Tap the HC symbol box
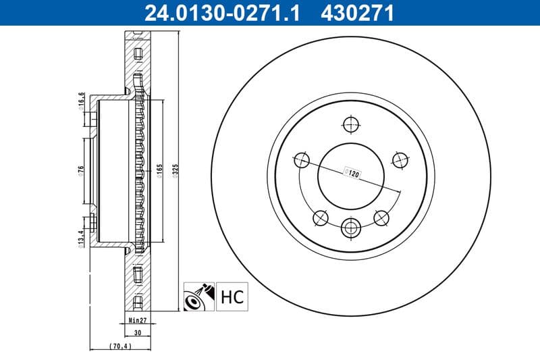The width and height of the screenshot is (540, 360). coord(232,297)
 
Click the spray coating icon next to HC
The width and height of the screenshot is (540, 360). coord(198,297)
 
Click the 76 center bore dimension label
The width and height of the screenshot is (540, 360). coord(80,170)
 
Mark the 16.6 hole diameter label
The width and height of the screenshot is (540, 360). coord(80,100)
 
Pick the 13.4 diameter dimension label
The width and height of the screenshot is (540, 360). coord(80,239)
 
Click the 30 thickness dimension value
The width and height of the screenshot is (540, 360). coord(137,332)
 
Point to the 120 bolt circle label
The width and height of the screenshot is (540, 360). coord(350,172)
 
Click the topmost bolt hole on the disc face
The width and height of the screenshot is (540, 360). coord(350,124)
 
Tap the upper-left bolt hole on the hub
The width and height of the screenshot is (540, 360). coord(302,160)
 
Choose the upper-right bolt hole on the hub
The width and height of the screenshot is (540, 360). coord(400,160)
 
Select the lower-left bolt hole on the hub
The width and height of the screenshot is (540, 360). coord(320,217)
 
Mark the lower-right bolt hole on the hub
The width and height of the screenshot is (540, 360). coord(381,217)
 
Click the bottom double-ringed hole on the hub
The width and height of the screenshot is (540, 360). coord(350,228)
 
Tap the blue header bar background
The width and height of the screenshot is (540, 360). coord(473,11)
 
